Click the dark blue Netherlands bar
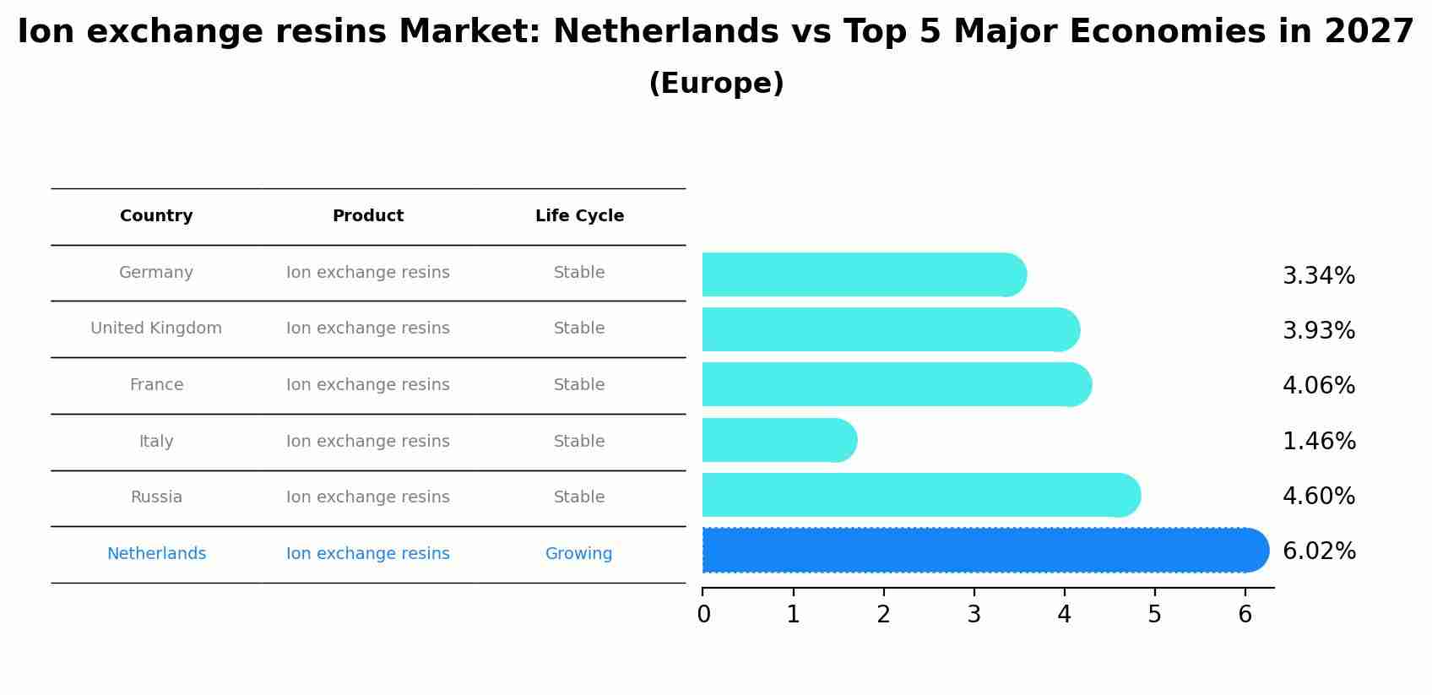(984, 551)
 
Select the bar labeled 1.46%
(778, 440)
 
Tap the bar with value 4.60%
(920, 495)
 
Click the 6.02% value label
(1319, 551)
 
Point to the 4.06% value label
(1319, 386)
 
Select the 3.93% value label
(1319, 331)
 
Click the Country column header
(156, 216)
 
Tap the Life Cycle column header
(579, 216)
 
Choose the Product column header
(368, 216)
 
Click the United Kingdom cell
(156, 328)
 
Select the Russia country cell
(156, 497)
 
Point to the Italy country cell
(156, 442)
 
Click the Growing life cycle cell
(578, 554)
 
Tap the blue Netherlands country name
(156, 554)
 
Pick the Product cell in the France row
(368, 385)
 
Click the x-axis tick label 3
(974, 615)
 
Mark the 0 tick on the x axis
(703, 615)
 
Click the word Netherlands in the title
(665, 32)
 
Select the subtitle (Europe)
(716, 84)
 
